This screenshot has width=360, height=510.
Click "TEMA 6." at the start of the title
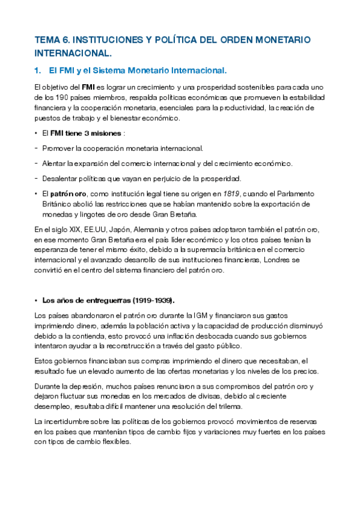[x=52, y=40]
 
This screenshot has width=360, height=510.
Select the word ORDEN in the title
[x=236, y=40]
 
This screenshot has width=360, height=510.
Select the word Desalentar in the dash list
[x=61, y=178]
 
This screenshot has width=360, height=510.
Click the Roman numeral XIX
[x=72, y=230]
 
